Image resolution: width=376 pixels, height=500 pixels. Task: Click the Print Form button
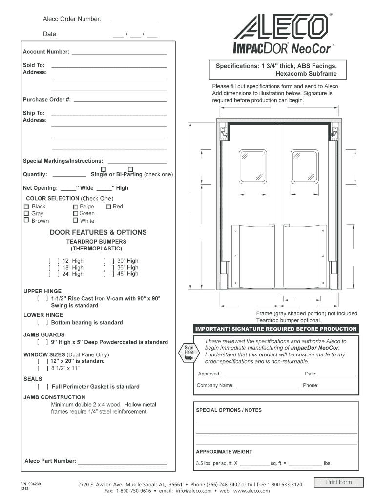[x=339, y=482]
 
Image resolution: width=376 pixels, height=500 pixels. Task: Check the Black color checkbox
[x=26, y=207]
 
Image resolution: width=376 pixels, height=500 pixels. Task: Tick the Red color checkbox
[x=108, y=207]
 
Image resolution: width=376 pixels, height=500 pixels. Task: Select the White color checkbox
[x=75, y=221]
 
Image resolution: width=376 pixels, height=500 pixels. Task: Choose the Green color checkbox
[x=75, y=213]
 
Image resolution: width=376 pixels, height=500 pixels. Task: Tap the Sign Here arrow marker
[x=189, y=353]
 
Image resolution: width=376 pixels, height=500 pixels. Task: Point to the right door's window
[x=304, y=166]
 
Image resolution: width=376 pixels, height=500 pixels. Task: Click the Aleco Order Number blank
[x=134, y=22]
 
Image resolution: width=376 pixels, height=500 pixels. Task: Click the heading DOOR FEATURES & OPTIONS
[x=98, y=232]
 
